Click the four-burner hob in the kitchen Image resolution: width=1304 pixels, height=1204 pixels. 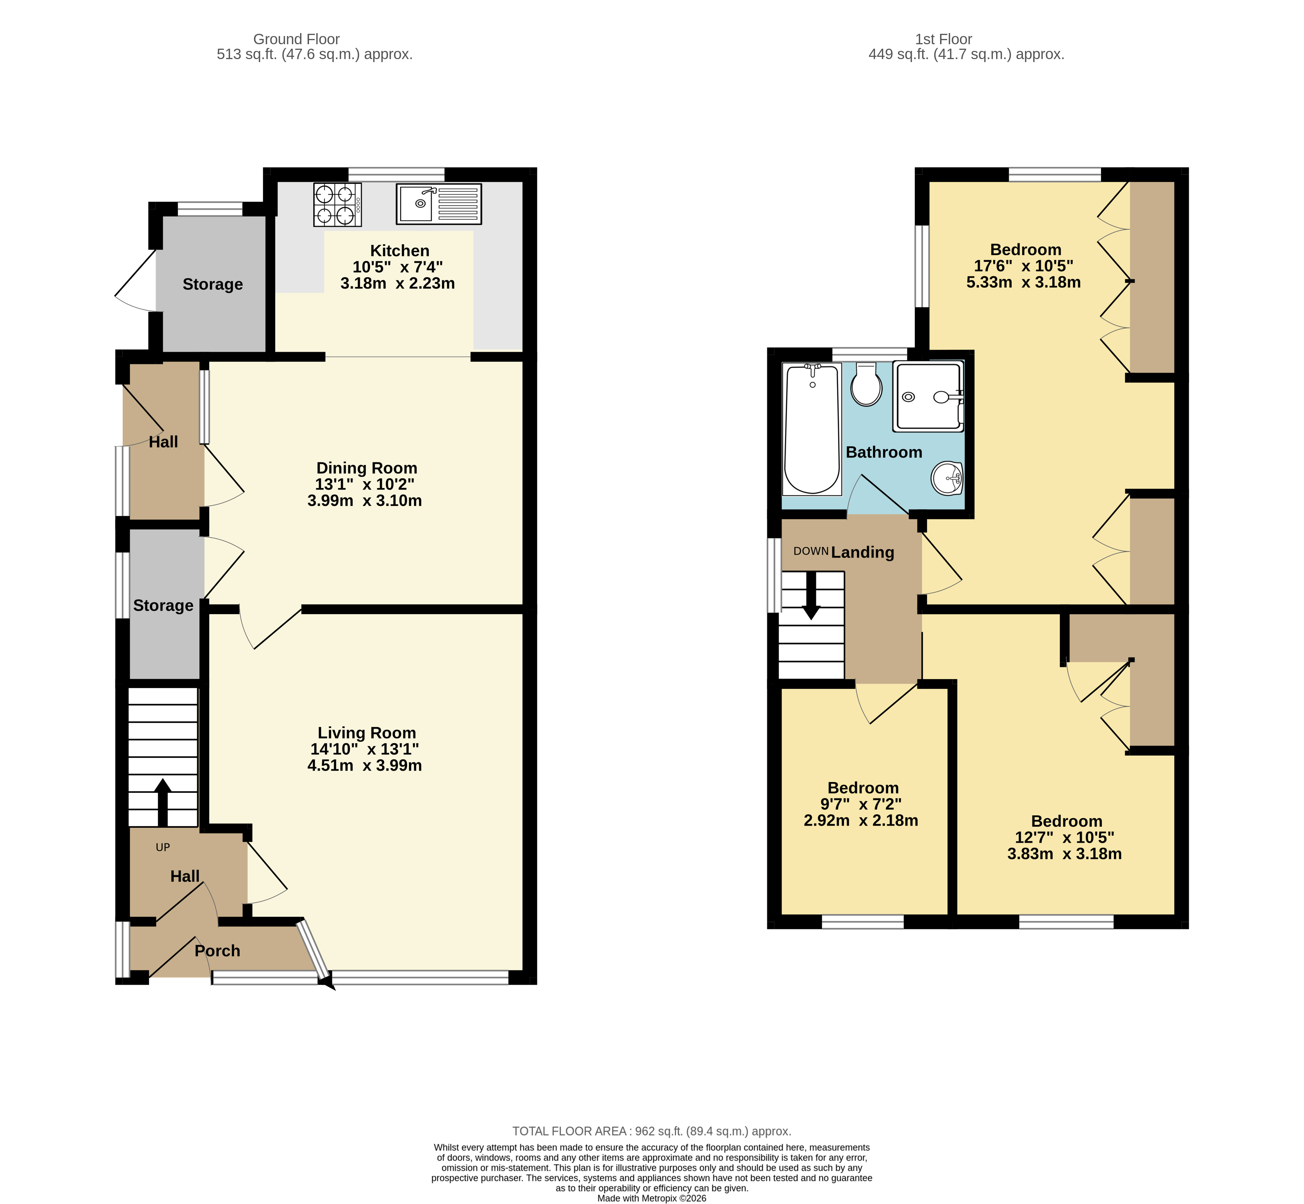click(338, 204)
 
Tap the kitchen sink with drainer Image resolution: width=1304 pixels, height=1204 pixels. click(439, 204)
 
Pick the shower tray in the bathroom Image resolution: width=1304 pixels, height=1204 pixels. click(928, 397)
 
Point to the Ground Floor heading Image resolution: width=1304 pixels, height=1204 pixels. click(296, 39)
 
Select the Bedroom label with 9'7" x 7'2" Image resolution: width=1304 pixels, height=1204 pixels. click(863, 788)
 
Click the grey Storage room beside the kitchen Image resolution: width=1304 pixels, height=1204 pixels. click(212, 284)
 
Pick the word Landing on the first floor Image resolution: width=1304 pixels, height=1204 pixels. click(862, 552)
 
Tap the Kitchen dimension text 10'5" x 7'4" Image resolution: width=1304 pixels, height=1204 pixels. click(397, 267)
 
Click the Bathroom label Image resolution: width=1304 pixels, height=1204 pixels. click(884, 452)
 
